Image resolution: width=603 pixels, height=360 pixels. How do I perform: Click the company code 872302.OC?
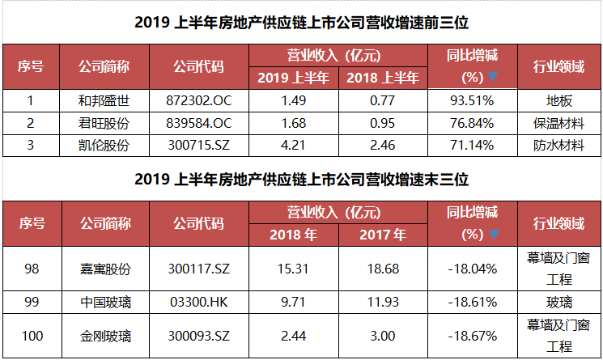[x=199, y=100]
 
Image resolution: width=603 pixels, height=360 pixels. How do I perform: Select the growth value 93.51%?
[x=472, y=100]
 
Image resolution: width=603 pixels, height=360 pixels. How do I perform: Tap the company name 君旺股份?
[x=104, y=123]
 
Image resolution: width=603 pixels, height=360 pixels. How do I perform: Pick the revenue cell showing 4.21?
[x=293, y=146]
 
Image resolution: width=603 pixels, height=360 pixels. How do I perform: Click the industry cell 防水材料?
[x=558, y=146]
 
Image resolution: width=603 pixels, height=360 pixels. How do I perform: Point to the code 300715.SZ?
[x=199, y=146]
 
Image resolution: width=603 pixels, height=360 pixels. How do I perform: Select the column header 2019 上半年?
[x=293, y=78]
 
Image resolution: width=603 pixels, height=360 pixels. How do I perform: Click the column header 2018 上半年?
[x=383, y=78]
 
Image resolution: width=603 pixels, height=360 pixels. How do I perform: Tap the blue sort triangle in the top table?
[x=493, y=77]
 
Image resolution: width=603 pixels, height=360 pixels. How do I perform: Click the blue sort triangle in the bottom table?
[x=494, y=234]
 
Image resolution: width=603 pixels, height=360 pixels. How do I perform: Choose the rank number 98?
[x=32, y=269]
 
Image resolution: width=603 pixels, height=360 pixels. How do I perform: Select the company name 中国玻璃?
[x=106, y=303]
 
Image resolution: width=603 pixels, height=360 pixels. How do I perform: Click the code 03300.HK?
[x=199, y=303]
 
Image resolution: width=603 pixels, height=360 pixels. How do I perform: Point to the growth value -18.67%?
[x=472, y=337]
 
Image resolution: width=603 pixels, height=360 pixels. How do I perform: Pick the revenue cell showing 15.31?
[x=293, y=269]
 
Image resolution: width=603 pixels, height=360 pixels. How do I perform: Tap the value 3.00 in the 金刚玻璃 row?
[x=383, y=337]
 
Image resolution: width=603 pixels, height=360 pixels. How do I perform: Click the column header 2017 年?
[x=383, y=235]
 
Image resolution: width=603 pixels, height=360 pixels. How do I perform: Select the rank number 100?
[x=32, y=337]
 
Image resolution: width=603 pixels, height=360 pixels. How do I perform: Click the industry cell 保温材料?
[x=558, y=123]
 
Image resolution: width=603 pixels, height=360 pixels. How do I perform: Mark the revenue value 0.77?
[x=383, y=100]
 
